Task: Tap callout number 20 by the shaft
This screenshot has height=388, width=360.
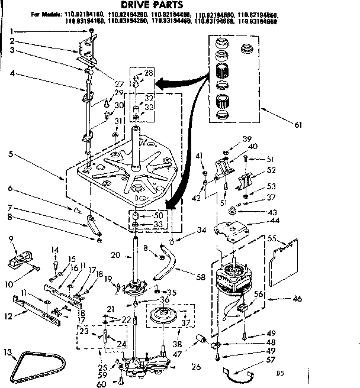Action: [117, 256]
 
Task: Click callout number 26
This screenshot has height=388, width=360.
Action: [196, 367]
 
